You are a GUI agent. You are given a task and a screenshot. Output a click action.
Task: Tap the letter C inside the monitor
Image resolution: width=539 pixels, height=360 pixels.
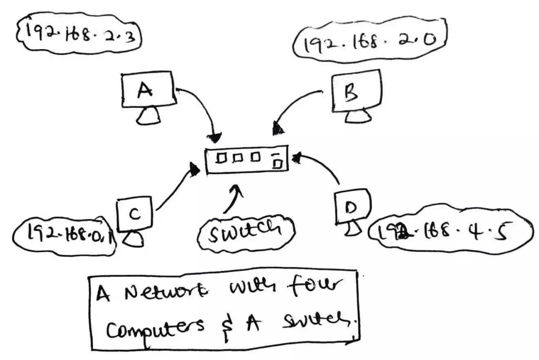coord(135,213)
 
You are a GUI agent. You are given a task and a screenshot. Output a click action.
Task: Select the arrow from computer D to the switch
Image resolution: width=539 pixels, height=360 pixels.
coord(323,165)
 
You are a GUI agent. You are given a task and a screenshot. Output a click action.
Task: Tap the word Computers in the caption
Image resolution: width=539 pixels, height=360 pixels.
coord(155,327)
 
